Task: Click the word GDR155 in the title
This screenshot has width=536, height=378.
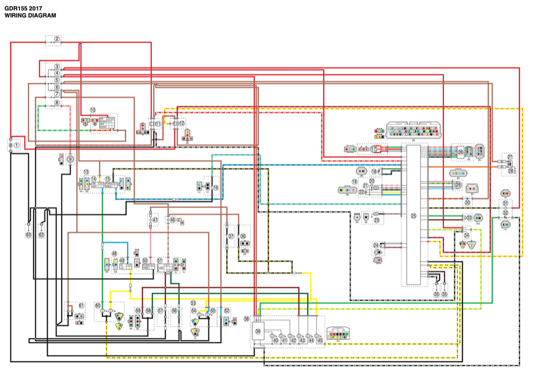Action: coord(16,8)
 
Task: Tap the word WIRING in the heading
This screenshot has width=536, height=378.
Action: coord(16,16)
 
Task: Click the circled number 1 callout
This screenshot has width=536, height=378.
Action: coord(17,144)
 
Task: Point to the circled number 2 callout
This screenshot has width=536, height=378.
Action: coord(57,39)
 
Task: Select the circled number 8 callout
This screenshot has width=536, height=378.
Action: coord(57,103)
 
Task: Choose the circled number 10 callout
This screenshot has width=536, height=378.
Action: coord(92,110)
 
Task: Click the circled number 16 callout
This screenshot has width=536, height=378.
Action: coord(215,187)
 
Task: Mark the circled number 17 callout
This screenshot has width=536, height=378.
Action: coord(374,149)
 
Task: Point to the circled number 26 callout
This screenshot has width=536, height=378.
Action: coord(461,152)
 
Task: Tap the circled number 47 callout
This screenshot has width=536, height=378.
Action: coord(155,221)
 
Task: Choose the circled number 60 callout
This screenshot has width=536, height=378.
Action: coord(98,304)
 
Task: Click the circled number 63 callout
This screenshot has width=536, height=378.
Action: coord(28,235)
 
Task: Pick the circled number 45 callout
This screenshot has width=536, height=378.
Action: coord(320,340)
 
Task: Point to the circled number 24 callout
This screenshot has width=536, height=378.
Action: coord(375,245)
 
